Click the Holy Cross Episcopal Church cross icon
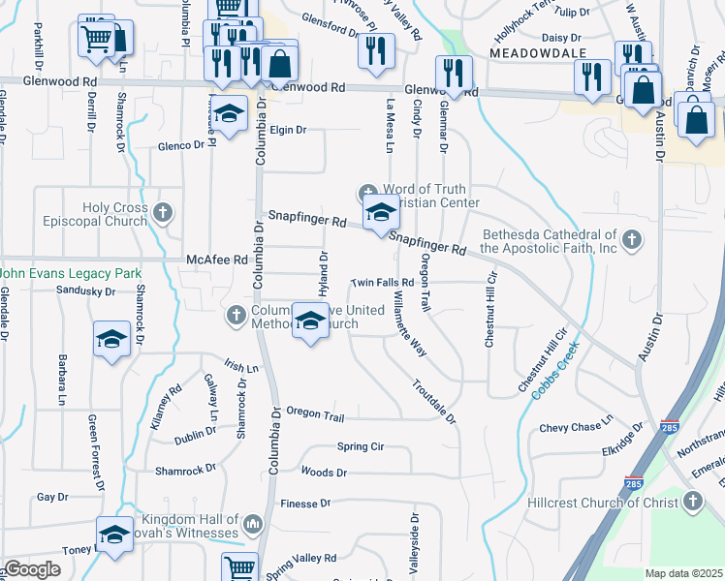(164, 212)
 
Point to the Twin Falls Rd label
(382, 283)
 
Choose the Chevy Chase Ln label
(577, 427)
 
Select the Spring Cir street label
(361, 446)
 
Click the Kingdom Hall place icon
(254, 524)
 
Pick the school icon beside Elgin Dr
(229, 116)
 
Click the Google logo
(33, 569)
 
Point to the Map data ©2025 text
(683, 573)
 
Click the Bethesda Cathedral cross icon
(632, 239)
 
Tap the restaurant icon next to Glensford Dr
(376, 50)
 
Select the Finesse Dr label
(305, 504)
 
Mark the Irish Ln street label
(241, 368)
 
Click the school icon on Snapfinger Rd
(380, 212)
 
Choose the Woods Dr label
(324, 473)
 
